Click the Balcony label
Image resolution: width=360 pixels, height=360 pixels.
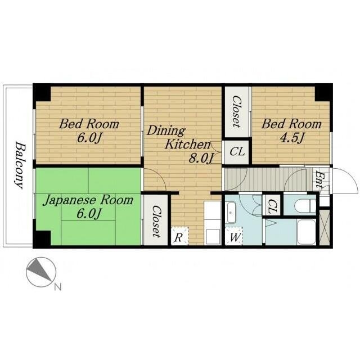point(19,165)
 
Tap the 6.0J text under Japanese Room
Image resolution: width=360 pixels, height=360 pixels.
point(89,214)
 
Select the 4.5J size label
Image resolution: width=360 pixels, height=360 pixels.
point(292,137)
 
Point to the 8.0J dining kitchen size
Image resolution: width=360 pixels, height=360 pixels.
point(201,158)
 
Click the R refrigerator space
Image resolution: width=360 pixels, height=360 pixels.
point(179,236)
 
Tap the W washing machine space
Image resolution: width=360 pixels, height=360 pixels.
point(234,236)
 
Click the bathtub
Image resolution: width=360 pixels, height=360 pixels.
point(306,232)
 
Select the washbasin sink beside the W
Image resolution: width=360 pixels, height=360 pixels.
point(231,213)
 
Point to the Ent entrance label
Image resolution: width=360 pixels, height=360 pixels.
point(319,180)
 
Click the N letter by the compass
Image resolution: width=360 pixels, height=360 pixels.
point(58,287)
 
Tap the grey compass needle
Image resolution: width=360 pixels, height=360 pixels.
point(39,269)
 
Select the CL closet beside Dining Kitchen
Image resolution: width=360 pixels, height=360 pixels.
point(237,152)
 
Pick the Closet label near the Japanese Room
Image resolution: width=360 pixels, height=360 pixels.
point(156,221)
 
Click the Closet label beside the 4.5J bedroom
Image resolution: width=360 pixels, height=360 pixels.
point(237,111)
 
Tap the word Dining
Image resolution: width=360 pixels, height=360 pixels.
point(166,131)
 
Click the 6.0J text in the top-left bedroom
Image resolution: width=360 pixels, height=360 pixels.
point(89,138)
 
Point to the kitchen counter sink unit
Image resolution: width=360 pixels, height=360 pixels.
point(213,223)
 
